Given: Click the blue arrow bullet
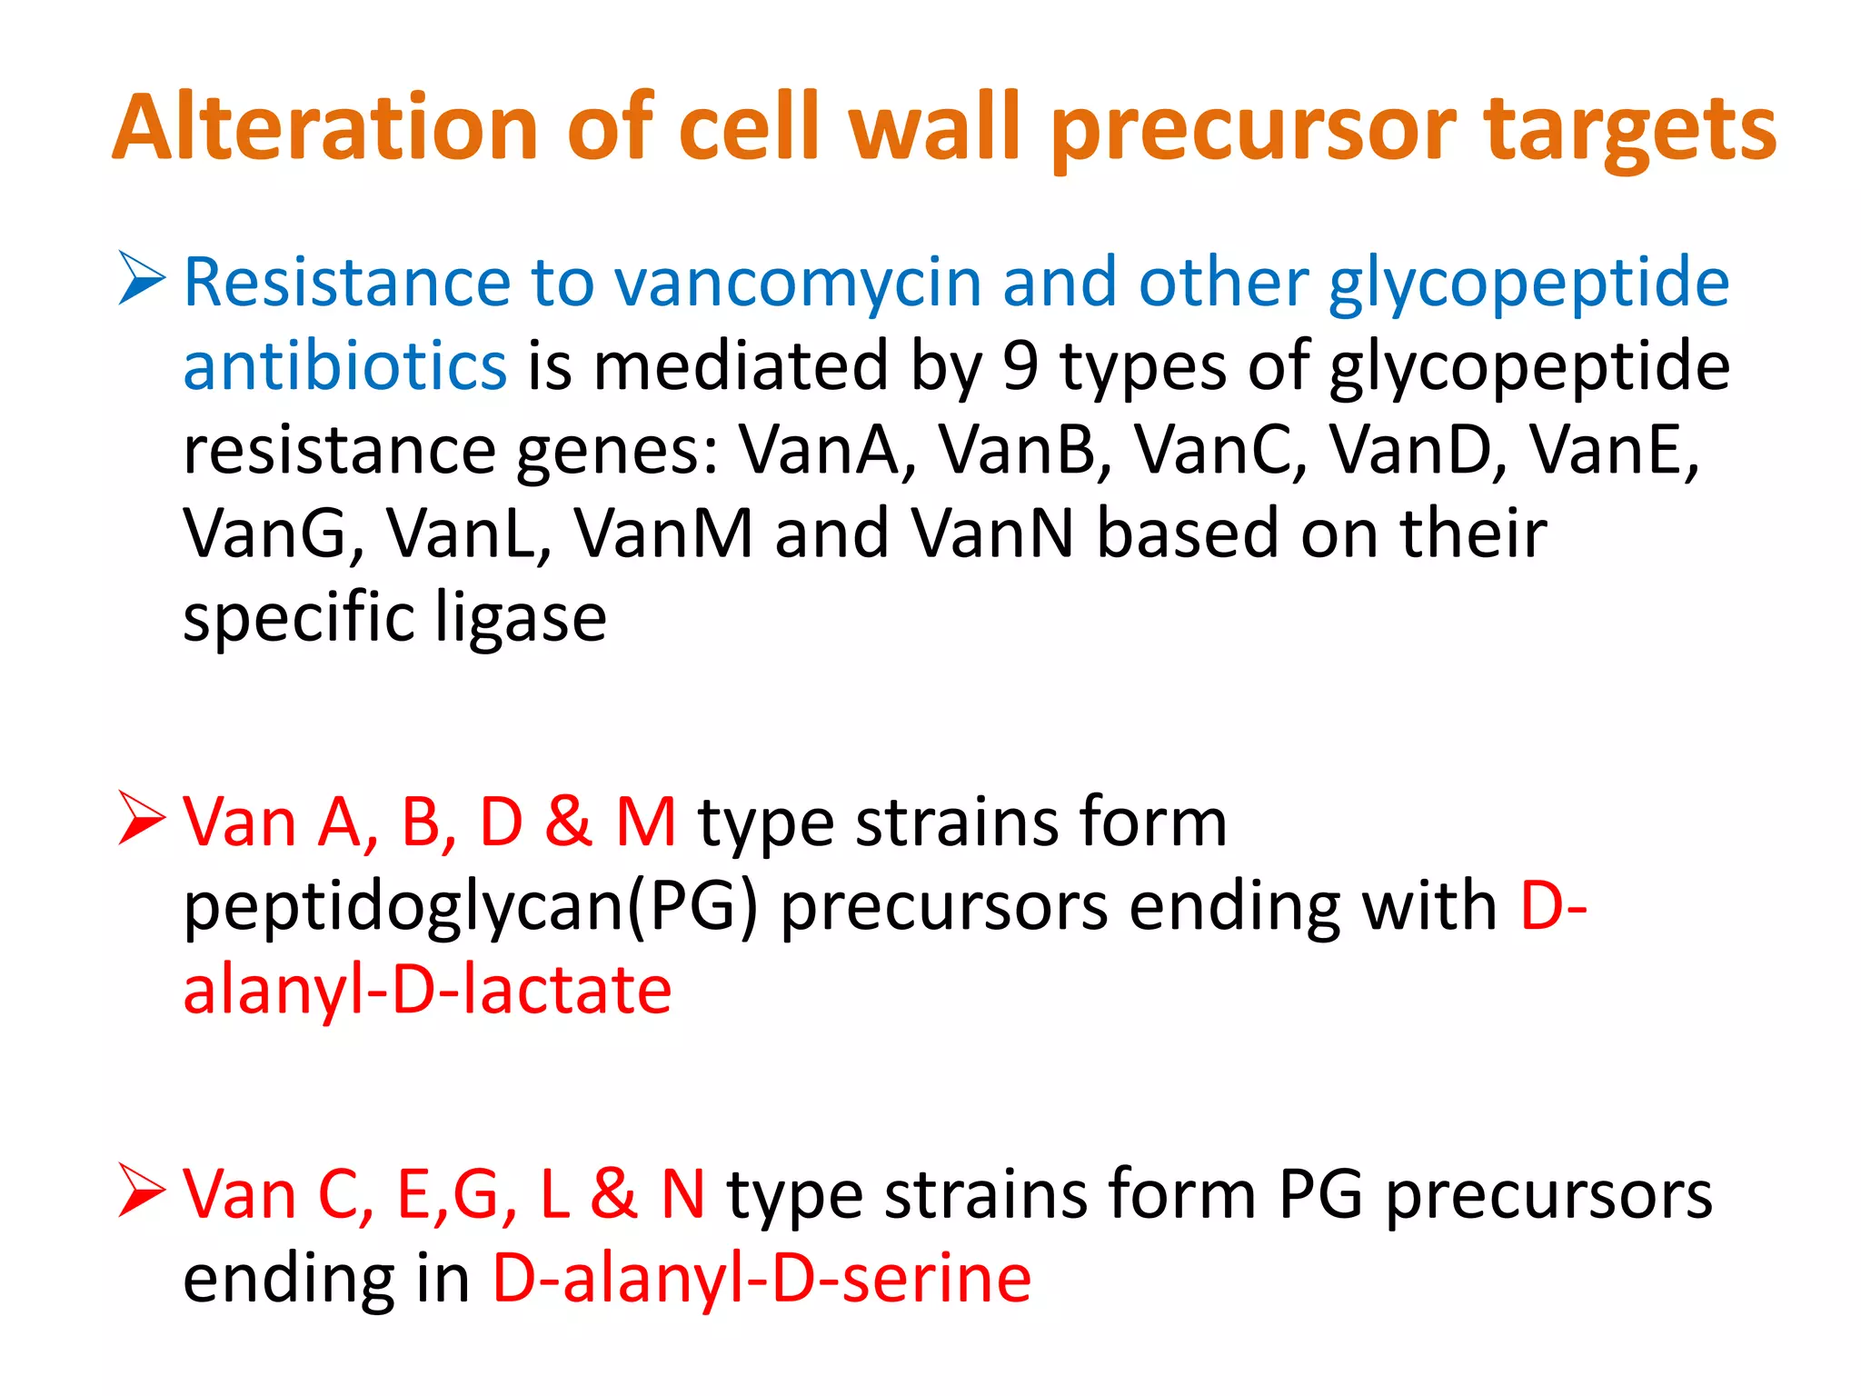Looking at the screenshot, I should [x=142, y=279].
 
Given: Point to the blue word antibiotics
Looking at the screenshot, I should [x=344, y=366].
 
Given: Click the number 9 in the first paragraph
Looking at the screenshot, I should [x=1020, y=366].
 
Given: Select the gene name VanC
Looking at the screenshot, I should [x=1220, y=450].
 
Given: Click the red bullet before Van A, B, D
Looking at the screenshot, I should [x=142, y=817].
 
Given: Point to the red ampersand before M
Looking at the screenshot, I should [x=569, y=823].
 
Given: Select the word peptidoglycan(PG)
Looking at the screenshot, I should [x=471, y=908].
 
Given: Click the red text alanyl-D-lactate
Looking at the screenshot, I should [x=427, y=990].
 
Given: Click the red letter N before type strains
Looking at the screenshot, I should [x=682, y=1195].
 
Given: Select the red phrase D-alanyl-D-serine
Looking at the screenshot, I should [x=761, y=1279].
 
